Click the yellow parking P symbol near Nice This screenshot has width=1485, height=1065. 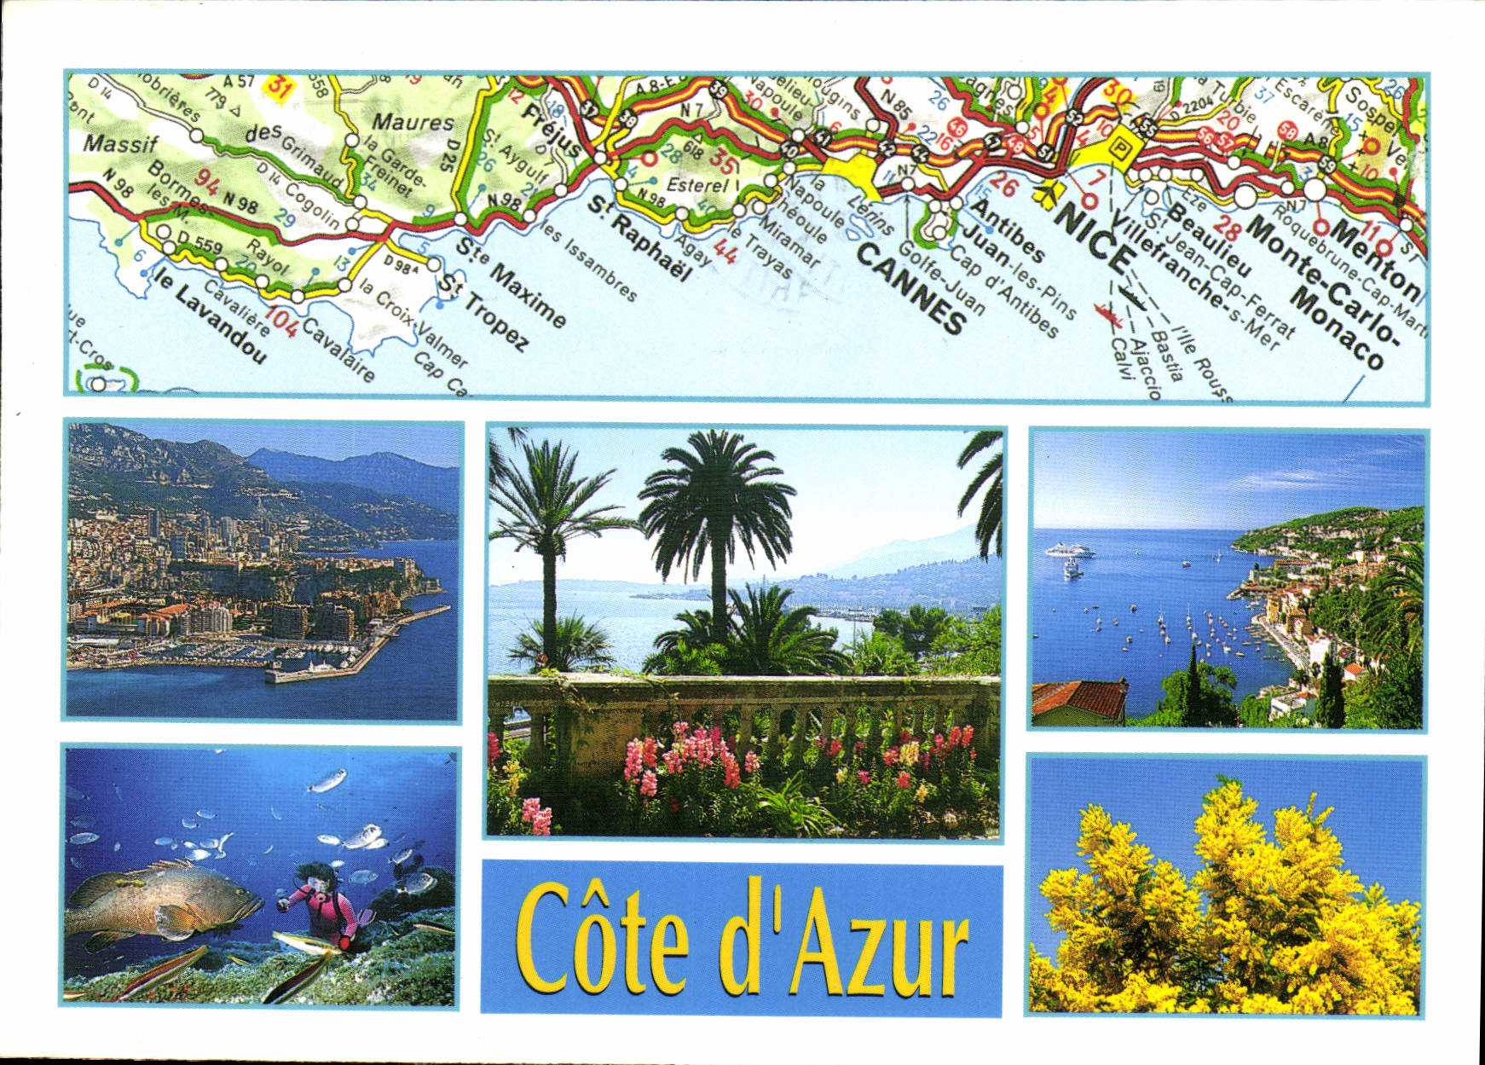[x=1118, y=148]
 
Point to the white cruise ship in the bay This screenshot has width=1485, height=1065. [x=1069, y=550]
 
